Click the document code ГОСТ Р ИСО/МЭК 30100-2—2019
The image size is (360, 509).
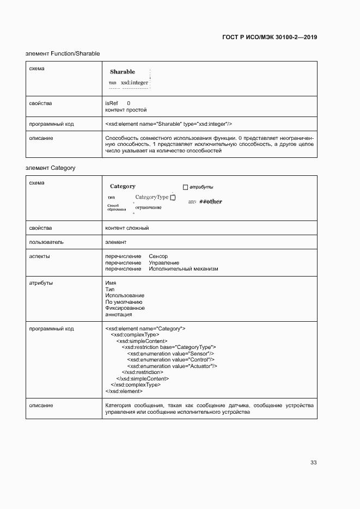270,38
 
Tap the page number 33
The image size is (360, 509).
313,462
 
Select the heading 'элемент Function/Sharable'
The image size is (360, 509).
63,54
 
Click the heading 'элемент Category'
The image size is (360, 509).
50,168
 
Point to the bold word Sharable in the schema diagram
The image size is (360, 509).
123,72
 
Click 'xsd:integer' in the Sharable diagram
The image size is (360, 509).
135,83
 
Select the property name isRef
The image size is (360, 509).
111,103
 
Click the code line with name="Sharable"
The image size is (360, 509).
168,124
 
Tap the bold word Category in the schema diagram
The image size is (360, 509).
123,186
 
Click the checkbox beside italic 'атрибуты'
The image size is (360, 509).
185,187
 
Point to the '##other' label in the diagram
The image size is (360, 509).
210,201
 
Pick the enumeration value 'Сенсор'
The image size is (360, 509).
158,256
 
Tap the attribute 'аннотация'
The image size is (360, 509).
118,315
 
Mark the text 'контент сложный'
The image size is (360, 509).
127,228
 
